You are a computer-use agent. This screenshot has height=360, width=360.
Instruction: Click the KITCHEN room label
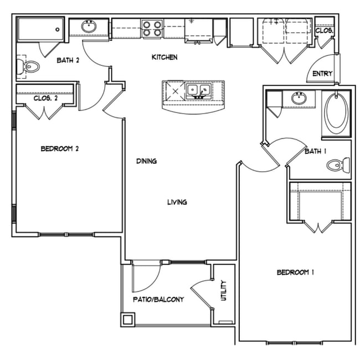[165, 57]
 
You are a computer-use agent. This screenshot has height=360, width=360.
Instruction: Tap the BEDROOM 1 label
[295, 272]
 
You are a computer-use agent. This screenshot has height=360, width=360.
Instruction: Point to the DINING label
[147, 161]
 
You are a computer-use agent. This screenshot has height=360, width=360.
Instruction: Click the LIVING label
[177, 202]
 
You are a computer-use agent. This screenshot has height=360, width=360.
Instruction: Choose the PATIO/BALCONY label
[158, 299]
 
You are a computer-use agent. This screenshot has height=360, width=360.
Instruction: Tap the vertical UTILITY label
[224, 291]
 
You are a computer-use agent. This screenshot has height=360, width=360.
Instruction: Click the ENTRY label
[322, 74]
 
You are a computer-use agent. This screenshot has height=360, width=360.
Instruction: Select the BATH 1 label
[316, 151]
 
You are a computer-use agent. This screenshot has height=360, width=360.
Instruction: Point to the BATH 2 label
[68, 61]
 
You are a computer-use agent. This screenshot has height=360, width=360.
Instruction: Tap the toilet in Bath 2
[30, 68]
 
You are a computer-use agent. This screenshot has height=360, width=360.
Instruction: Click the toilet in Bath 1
[338, 164]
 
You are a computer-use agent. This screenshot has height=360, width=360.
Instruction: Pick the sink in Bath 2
[89, 26]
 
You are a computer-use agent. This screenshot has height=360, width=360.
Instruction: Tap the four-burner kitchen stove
[152, 28]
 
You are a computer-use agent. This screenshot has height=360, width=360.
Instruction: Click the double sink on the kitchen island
[198, 90]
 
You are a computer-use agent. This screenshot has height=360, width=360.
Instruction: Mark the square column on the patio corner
[128, 320]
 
